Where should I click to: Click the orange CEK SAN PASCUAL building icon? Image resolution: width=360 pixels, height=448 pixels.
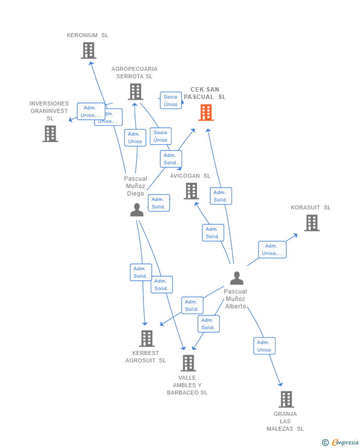point(206,112)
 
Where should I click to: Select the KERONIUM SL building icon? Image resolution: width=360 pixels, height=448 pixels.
point(89,50)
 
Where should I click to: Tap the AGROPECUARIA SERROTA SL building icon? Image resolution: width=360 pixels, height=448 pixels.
point(135,92)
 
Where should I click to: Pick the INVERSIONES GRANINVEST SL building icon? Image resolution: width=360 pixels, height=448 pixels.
point(50,134)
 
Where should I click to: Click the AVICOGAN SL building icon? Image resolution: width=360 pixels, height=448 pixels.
point(191,191)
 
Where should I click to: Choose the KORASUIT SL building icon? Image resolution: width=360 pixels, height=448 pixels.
point(312,223)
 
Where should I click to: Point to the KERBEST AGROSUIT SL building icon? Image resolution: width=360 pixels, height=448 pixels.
point(147,339)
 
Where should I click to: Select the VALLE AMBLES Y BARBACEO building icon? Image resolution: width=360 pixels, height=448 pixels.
point(188,363)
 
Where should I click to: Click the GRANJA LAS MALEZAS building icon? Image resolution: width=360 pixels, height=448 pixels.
point(286,399)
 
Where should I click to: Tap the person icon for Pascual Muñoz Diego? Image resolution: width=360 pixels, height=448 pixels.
point(136,210)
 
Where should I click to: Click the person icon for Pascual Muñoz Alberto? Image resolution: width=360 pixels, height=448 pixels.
point(237,278)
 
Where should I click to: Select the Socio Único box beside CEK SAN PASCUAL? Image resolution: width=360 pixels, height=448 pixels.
point(171,100)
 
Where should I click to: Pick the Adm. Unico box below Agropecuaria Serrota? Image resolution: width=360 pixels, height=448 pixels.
point(135,138)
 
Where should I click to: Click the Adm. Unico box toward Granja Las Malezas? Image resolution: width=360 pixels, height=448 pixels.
point(264,346)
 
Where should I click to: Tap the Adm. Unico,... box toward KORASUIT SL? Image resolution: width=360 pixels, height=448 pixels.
point(272,249)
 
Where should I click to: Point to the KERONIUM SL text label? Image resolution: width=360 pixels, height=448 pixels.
point(88,35)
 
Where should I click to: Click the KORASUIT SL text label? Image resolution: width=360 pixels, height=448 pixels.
point(311,207)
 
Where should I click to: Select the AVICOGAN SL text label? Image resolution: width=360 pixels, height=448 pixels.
point(190,176)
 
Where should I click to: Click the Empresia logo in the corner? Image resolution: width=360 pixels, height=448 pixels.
point(341,442)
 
